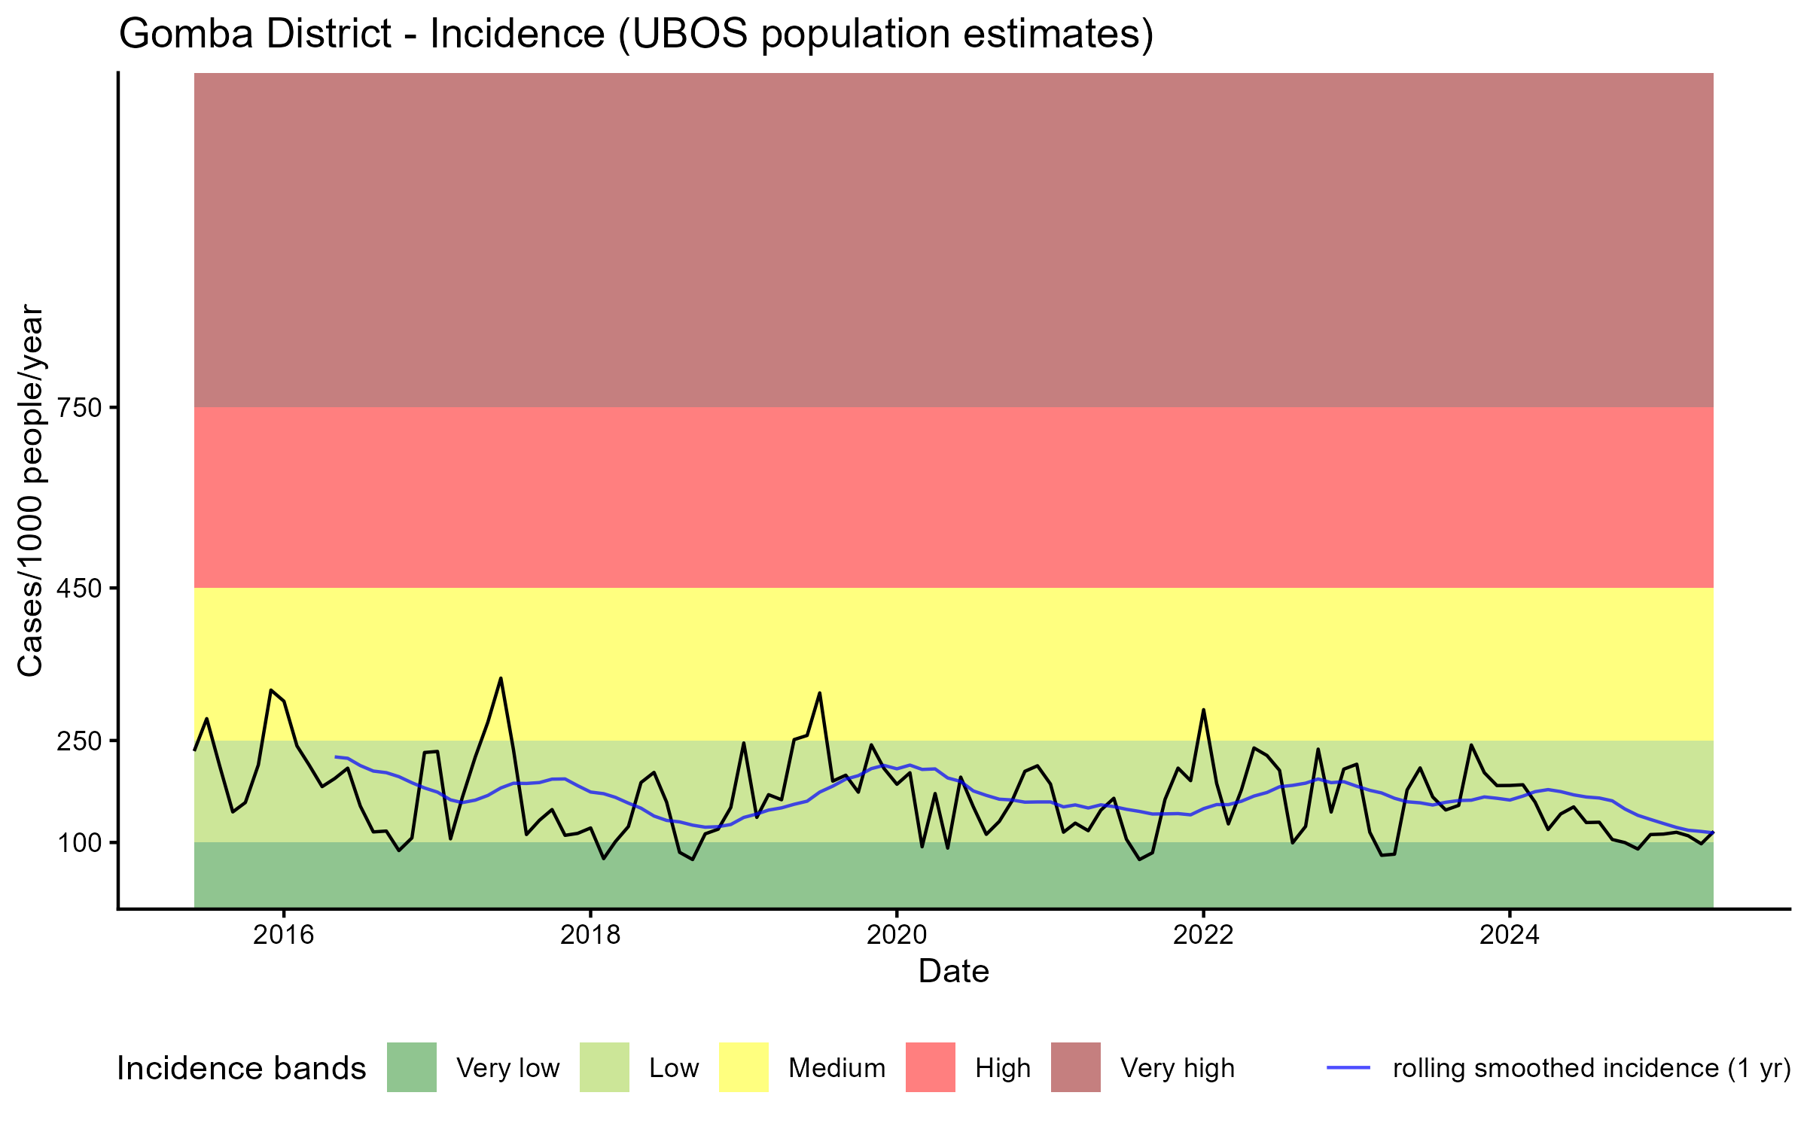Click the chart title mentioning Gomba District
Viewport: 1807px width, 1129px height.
(x=636, y=35)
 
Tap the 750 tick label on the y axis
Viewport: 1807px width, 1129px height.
(x=81, y=408)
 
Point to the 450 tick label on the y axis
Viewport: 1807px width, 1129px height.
(x=81, y=588)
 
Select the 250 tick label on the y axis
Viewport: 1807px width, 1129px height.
(x=81, y=741)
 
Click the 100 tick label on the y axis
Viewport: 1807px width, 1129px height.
(x=81, y=842)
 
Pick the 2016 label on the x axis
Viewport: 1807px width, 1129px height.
(x=283, y=935)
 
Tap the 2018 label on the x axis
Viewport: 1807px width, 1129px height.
(x=590, y=935)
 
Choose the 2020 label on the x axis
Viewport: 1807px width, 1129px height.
(x=897, y=935)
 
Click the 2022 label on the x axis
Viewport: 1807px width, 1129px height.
(x=1203, y=935)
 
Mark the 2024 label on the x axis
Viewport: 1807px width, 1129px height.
(x=1510, y=935)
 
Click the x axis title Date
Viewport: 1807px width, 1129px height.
(x=953, y=972)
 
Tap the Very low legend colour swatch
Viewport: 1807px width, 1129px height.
(x=412, y=1067)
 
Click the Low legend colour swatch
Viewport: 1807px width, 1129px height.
(x=604, y=1067)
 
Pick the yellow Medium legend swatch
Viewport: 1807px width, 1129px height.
(x=744, y=1067)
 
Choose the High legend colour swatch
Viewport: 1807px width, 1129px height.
(x=931, y=1067)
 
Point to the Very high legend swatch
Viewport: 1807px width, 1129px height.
(x=1076, y=1067)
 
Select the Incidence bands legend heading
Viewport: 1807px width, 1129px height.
(x=242, y=1069)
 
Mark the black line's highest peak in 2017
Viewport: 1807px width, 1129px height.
(x=501, y=678)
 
